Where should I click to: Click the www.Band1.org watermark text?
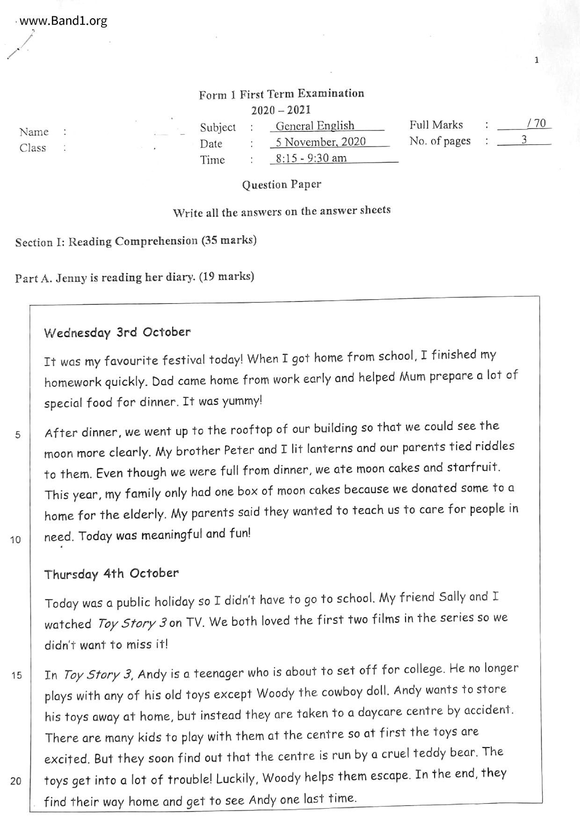[64, 21]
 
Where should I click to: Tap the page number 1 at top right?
[536, 60]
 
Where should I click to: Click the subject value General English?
[315, 126]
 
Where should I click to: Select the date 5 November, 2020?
[320, 142]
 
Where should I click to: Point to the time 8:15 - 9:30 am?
[311, 158]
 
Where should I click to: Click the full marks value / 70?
[536, 123]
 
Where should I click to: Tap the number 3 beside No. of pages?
[524, 140]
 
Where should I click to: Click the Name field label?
[34, 132]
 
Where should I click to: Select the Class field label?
[33, 148]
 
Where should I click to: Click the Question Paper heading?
[282, 185]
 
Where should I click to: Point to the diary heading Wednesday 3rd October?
[117, 333]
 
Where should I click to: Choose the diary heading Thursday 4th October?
[111, 574]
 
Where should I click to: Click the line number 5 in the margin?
[18, 435]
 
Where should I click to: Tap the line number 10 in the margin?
[16, 539]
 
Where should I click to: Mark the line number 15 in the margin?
[16, 675]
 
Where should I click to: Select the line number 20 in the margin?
[16, 781]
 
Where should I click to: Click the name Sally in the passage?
[452, 597]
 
